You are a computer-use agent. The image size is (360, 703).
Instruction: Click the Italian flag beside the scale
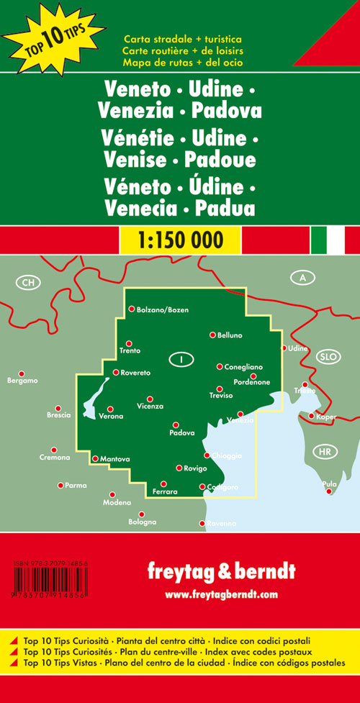pyautogui.click(x=328, y=240)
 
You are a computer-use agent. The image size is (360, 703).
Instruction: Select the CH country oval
pyautogui.click(x=27, y=282)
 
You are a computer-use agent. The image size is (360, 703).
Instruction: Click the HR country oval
pyautogui.click(x=323, y=452)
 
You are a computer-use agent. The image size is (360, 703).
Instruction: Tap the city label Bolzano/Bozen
pyautogui.click(x=162, y=309)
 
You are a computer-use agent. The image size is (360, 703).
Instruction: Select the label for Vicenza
pyautogui.click(x=150, y=407)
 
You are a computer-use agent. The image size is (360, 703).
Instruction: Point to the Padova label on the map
pyautogui.click(x=182, y=432)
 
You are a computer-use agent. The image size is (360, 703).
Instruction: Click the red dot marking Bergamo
pyautogui.click(x=22, y=373)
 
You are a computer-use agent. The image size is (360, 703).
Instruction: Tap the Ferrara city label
pyautogui.click(x=165, y=491)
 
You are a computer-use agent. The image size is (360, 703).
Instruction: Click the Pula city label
pyautogui.click(x=329, y=484)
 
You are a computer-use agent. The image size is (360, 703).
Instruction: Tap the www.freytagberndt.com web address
pyautogui.click(x=220, y=594)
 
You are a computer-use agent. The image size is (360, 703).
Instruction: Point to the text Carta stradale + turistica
pyautogui.click(x=182, y=37)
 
